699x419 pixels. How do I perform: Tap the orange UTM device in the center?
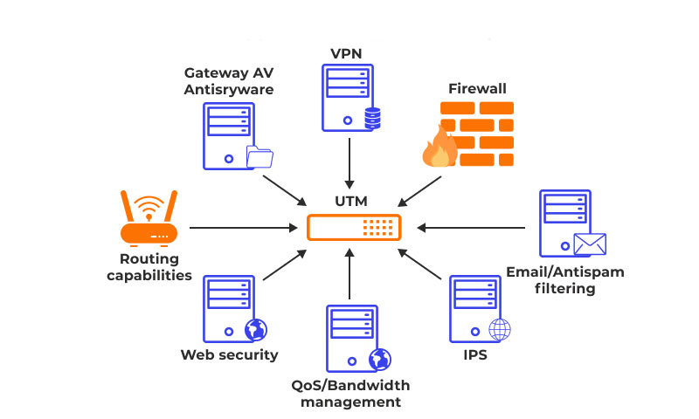(354, 228)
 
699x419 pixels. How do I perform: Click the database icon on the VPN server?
(373, 119)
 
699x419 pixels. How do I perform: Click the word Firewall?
(477, 88)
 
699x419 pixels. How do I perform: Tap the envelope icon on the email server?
(590, 244)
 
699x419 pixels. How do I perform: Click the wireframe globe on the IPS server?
(499, 330)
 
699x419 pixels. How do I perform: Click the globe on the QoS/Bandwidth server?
(380, 359)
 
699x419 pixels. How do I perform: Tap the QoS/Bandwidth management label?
(350, 394)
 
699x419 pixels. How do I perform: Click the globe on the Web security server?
(255, 330)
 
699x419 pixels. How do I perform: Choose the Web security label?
(229, 354)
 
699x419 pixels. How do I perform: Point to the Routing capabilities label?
(149, 267)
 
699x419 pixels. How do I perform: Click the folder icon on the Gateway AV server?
(260, 157)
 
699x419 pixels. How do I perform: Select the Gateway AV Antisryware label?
(228, 79)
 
